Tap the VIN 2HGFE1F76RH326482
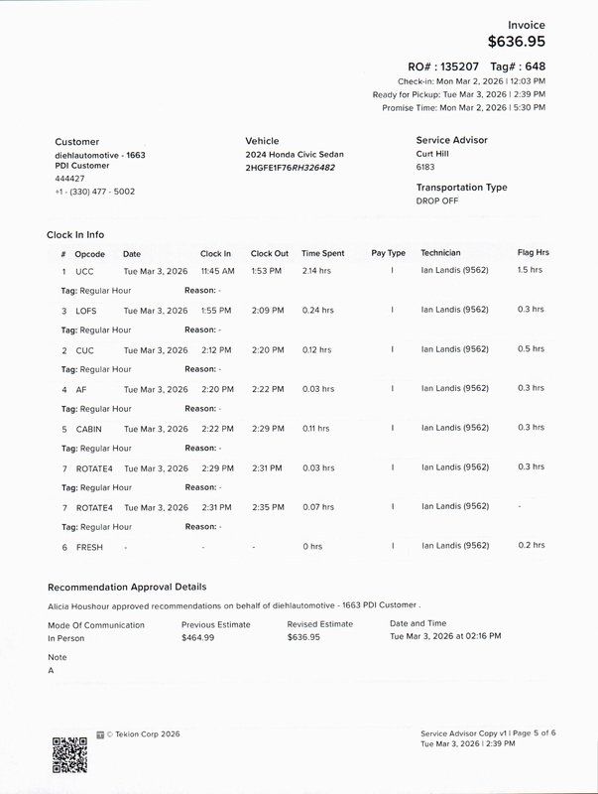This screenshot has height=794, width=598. (x=290, y=168)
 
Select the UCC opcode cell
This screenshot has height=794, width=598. (x=84, y=270)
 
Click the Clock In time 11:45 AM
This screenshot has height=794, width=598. (x=217, y=270)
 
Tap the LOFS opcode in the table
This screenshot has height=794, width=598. (x=86, y=310)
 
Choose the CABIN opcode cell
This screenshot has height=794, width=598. (x=89, y=428)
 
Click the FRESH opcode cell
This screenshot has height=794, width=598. (x=89, y=546)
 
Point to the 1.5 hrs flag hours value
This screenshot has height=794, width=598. (x=531, y=270)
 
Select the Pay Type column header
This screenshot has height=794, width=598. (x=388, y=253)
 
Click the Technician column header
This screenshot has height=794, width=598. (x=440, y=253)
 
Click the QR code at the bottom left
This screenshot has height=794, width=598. (x=69, y=754)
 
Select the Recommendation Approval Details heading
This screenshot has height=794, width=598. (x=127, y=587)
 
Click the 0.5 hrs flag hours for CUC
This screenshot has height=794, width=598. (x=531, y=349)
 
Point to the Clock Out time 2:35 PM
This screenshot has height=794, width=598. (x=267, y=506)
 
